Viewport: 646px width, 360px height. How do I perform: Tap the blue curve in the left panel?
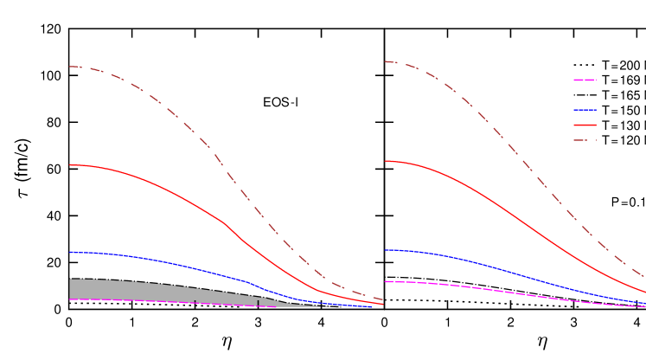pos(173,263)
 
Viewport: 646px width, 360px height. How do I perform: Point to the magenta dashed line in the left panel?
pos(173,302)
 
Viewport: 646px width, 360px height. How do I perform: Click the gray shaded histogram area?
pos(130,290)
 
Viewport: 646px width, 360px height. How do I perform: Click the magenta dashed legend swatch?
pos(585,80)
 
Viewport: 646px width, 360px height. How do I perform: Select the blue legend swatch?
pos(585,110)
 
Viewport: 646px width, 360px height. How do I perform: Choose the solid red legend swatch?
pos(585,125)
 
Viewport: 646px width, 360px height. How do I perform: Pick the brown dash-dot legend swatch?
pos(585,140)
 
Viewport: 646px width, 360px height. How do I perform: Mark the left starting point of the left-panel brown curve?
pos(70,67)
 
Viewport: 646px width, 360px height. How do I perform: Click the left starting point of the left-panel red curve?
pos(70,164)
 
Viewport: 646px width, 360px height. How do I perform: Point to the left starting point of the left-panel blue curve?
pos(70,253)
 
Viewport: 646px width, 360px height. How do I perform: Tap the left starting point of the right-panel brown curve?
pos(385,61)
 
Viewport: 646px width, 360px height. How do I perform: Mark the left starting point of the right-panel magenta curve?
pos(385,281)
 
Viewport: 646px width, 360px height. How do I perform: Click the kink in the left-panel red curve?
pos(225,223)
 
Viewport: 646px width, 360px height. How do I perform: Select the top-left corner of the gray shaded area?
pos(70,279)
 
